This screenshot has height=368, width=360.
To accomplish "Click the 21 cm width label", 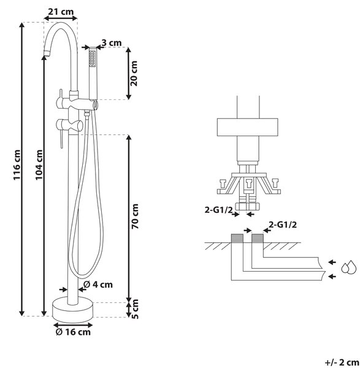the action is (x=61, y=12).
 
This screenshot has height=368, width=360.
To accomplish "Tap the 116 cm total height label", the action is (x=17, y=165).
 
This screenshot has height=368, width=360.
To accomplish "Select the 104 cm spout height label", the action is (x=39, y=165).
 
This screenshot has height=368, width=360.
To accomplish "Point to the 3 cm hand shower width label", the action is (x=112, y=43).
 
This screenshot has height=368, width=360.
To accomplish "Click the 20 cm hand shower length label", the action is (x=134, y=74).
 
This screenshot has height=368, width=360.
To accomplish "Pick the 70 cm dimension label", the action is (x=135, y=217).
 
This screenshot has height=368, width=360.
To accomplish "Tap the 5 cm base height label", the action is (x=135, y=309).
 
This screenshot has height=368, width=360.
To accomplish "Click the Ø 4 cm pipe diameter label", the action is (x=98, y=285).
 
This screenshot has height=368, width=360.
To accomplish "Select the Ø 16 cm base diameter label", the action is (x=73, y=332).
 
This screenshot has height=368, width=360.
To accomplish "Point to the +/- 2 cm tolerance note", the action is (x=342, y=362).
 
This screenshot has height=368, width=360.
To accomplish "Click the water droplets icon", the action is (x=349, y=267).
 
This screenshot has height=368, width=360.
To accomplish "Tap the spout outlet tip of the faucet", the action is (x=47, y=52).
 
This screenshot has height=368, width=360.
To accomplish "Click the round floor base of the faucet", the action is (x=73, y=309).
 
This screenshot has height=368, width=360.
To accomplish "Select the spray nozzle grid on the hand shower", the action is (x=92, y=58).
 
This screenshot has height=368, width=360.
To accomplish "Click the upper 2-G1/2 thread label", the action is (x=218, y=210).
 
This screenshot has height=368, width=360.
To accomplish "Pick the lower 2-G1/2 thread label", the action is (x=283, y=224).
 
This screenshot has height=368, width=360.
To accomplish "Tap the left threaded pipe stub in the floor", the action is (x=237, y=238).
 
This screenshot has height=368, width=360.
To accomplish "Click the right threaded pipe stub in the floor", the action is (x=258, y=238).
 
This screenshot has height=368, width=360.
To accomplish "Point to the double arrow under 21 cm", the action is (x=61, y=18).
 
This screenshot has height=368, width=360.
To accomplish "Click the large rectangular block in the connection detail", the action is (x=247, y=127).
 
